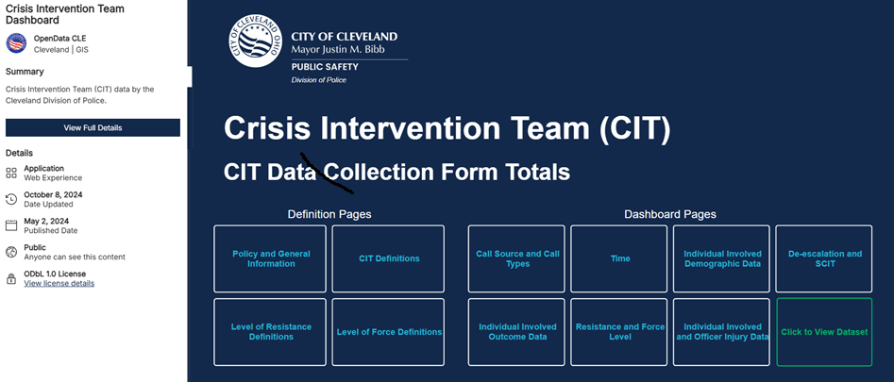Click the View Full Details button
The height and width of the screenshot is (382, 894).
[x=93, y=127]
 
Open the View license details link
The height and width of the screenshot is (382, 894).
[x=59, y=283]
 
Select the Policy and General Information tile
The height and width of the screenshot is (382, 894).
[x=270, y=258]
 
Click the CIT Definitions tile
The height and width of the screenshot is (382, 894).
[x=389, y=258]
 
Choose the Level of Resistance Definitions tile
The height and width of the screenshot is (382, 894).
[x=270, y=332]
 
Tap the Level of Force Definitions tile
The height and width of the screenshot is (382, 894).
[x=389, y=332]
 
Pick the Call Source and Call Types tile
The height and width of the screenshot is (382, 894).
[x=516, y=258]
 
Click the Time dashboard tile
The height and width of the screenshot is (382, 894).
[x=619, y=258]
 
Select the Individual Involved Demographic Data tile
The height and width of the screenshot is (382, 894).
[x=722, y=258]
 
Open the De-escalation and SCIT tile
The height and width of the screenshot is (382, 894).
[x=824, y=258]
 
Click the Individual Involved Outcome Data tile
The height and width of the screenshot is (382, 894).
[x=516, y=332]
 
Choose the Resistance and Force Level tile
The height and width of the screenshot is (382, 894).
[x=619, y=332]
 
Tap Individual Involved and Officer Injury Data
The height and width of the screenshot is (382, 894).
[x=722, y=332]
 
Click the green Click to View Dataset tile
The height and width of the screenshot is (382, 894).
[x=824, y=332]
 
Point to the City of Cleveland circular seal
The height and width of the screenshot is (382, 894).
[x=256, y=42]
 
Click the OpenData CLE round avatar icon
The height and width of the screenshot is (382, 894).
[x=16, y=42]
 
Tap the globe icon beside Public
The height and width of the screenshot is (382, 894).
[x=11, y=252]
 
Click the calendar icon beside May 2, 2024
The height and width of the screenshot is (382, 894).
[x=11, y=225]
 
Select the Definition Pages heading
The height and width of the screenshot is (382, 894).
[x=329, y=214]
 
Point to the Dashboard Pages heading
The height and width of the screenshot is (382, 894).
[x=669, y=214]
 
